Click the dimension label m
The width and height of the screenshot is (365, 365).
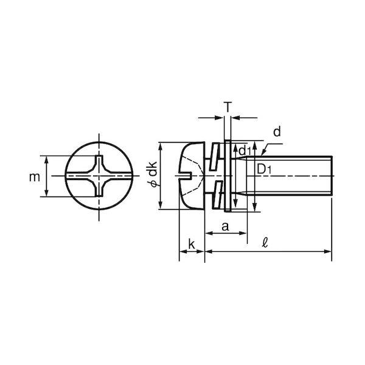[35, 178]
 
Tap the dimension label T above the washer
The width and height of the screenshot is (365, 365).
[228, 107]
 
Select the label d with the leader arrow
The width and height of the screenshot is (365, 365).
[277, 132]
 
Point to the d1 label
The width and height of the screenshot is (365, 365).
[245, 151]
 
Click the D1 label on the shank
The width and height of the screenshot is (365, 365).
[264, 170]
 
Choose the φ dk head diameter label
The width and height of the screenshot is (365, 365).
[154, 175]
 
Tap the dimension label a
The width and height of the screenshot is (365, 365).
[225, 226]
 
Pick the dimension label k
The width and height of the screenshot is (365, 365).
[192, 245]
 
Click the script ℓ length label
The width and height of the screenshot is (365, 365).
[265, 244]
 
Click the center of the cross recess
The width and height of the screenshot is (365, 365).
[99, 176]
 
